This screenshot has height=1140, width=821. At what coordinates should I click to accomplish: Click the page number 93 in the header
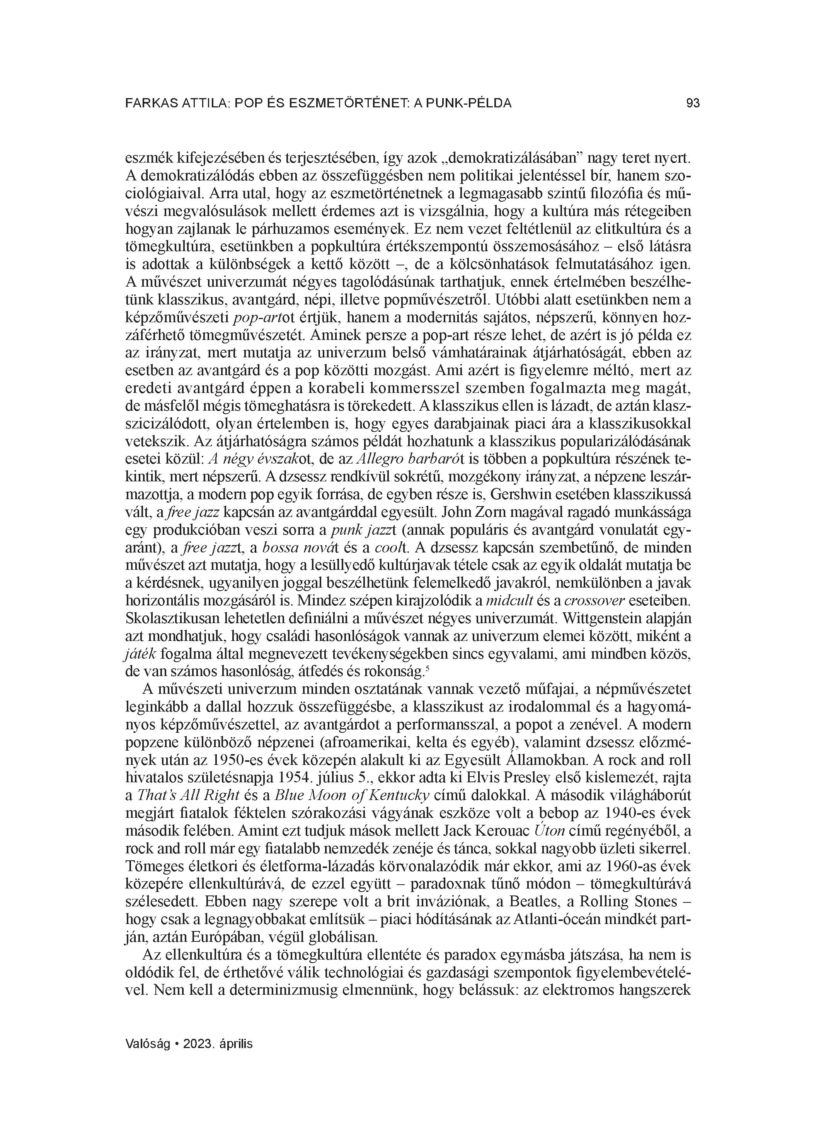click(x=693, y=104)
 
